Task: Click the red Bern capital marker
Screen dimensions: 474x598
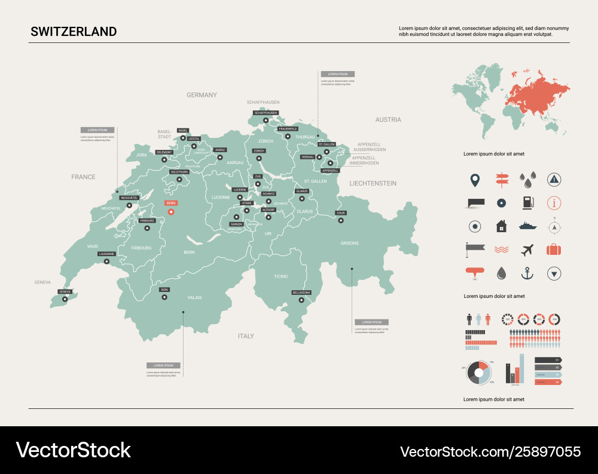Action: coord(171,211)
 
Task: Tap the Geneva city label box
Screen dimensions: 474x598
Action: coord(65,291)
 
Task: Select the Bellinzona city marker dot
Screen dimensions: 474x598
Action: coord(301,300)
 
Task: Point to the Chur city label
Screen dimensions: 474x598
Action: coord(341,213)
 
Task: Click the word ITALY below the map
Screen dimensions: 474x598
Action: coord(246,336)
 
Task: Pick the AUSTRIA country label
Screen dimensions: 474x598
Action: coord(388,119)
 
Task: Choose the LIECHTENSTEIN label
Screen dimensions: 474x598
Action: coord(373,183)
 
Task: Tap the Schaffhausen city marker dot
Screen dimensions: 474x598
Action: coord(266,121)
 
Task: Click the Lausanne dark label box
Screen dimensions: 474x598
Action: coord(106,254)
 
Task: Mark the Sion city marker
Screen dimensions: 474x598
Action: coord(164,297)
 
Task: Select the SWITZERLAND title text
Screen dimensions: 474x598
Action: coord(74,32)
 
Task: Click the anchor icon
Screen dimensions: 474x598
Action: coord(527,273)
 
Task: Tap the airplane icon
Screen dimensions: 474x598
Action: coord(527,250)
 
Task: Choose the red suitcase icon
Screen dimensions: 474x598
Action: coord(554,250)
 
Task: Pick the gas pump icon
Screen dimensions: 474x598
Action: coord(527,202)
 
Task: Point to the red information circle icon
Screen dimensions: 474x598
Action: coord(554,202)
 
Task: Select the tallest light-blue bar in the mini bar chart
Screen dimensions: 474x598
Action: coord(521,368)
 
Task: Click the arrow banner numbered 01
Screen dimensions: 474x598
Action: coord(547,359)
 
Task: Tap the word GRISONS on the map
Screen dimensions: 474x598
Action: coord(350,243)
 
